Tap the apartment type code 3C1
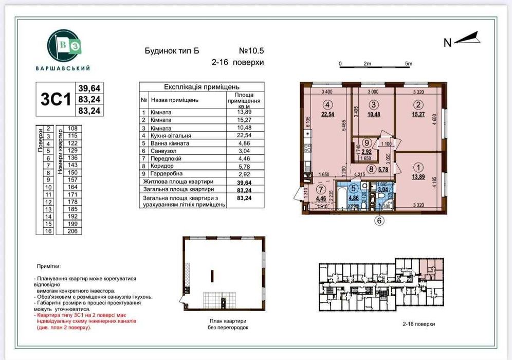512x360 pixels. pyautogui.click(x=55, y=99)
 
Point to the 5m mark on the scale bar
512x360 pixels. pyautogui.click(x=409, y=64)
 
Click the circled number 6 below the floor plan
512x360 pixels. pyautogui.click(x=379, y=222)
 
